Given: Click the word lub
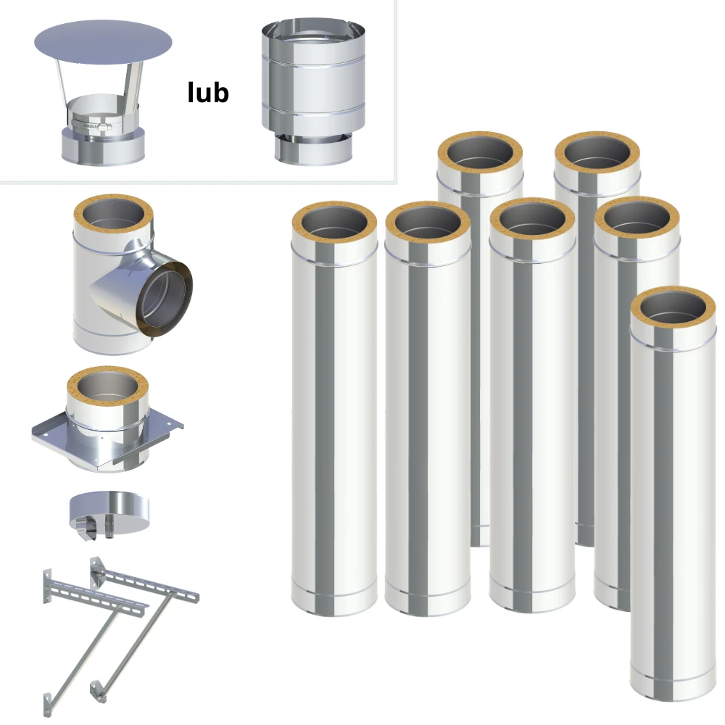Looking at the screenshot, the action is point(208,92).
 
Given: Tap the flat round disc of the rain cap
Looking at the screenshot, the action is point(103,43).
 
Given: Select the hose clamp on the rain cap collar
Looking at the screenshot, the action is point(92,125).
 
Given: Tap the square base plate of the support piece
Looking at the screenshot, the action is point(107,439).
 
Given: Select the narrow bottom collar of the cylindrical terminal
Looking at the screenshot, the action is point(313,149).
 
